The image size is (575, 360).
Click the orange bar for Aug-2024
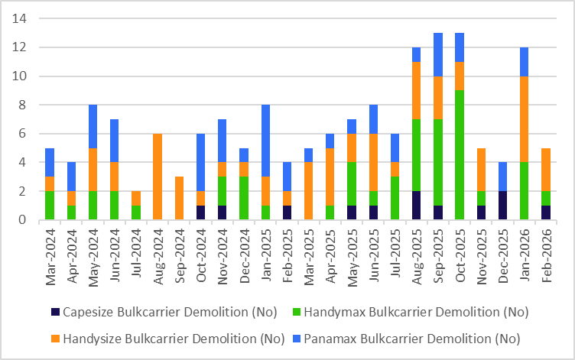[158, 177]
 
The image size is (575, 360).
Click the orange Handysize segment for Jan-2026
[525, 119]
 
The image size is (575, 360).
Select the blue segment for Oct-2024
[201, 162]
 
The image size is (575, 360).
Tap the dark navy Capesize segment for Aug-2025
[415, 206]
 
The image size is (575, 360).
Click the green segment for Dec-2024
[245, 198]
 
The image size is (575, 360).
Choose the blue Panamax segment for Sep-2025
[437, 54]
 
